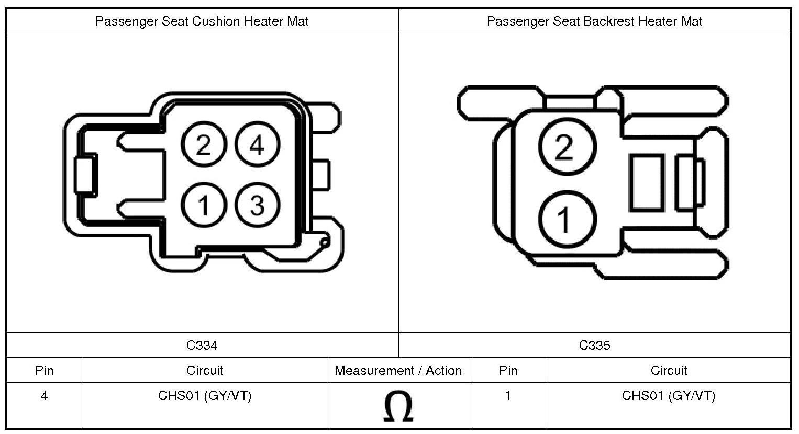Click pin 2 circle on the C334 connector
point(204,145)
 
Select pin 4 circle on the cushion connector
point(257,145)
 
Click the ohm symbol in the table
point(398,406)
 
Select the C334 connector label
point(202,345)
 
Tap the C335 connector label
point(594,345)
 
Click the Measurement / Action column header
point(398,371)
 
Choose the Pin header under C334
point(45,371)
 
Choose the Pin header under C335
point(508,371)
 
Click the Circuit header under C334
point(205,371)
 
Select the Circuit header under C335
point(669,371)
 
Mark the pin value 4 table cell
point(45,396)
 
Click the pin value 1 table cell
point(508,396)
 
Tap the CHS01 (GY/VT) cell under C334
point(205,396)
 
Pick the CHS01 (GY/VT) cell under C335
point(669,396)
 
